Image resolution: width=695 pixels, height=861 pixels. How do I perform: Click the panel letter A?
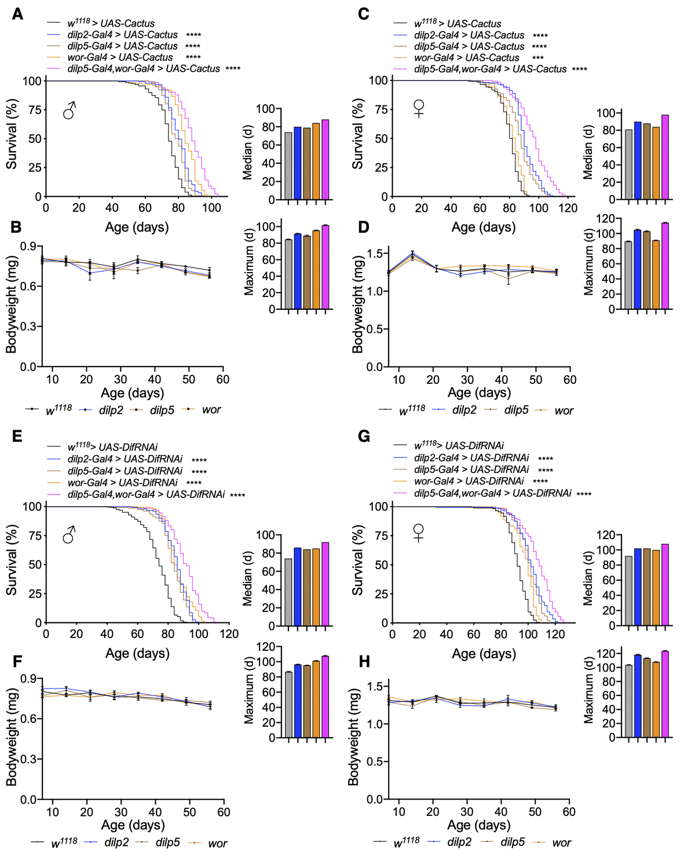17,13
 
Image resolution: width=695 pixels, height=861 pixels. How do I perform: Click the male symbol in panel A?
69,110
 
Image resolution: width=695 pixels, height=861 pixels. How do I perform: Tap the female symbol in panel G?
418,532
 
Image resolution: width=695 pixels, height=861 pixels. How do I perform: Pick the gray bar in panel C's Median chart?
628,164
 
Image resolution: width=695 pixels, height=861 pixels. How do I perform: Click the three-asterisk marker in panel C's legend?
537,58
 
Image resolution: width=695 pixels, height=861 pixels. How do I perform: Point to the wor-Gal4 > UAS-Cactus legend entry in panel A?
120,57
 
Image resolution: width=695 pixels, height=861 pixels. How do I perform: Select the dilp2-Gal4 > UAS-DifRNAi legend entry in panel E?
125,459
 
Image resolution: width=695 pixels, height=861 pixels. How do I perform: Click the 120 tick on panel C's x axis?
568,208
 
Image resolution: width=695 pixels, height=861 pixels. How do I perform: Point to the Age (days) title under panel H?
479,825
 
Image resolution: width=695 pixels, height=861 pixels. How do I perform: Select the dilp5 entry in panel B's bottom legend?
162,410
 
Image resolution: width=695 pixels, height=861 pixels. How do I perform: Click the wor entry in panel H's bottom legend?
561,842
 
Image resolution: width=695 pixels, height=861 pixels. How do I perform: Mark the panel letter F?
17,661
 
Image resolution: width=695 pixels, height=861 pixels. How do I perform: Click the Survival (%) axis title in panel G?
357,560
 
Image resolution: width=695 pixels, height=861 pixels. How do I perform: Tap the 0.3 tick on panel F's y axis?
28,759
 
